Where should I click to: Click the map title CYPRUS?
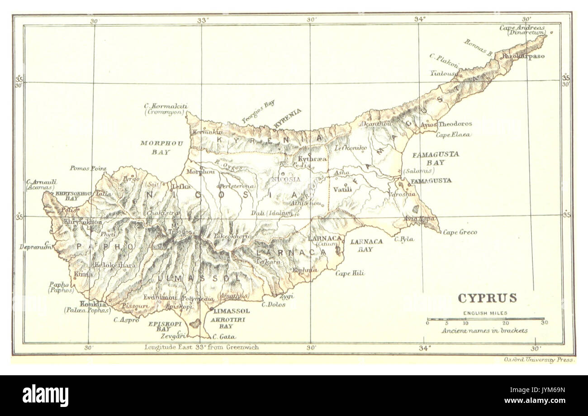(487, 298)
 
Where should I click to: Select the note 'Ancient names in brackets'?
(485, 330)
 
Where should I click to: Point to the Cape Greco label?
(460, 232)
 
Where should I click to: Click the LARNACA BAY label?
(366, 245)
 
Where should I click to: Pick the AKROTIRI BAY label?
(221, 322)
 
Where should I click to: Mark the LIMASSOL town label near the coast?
(231, 311)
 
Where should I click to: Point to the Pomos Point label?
(88, 168)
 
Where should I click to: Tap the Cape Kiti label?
(350, 273)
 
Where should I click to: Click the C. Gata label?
(224, 337)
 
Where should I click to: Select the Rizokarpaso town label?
(520, 57)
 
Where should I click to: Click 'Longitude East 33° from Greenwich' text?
(202, 348)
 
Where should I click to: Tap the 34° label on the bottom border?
(425, 348)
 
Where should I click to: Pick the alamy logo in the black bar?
(45, 395)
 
